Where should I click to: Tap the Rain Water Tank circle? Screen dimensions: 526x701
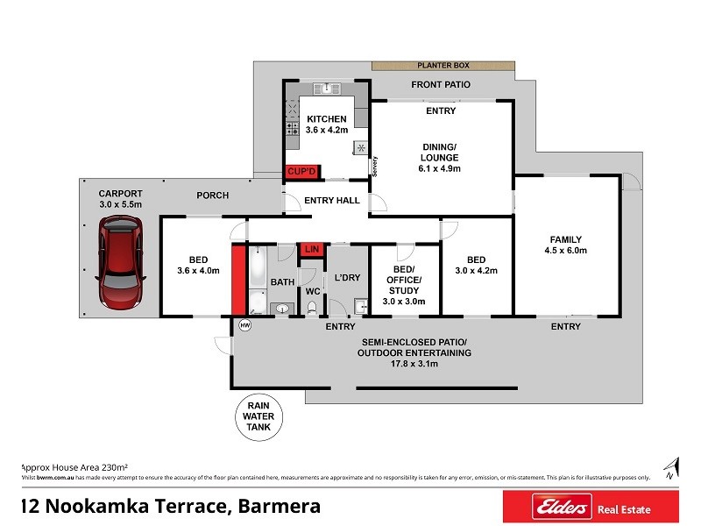click(x=258, y=416)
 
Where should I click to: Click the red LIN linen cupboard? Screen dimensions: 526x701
click(x=311, y=250)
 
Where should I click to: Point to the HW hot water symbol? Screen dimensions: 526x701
click(x=244, y=326)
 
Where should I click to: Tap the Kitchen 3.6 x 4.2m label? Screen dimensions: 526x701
click(x=326, y=124)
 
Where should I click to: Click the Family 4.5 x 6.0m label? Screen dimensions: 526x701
click(x=565, y=245)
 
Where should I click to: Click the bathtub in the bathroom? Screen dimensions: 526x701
click(x=258, y=281)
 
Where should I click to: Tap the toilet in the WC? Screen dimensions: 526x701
click(x=312, y=306)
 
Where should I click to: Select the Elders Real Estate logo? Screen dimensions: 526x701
click(x=589, y=507)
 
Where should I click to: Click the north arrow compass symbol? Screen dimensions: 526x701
click(x=671, y=467)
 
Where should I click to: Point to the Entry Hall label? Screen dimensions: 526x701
click(x=332, y=201)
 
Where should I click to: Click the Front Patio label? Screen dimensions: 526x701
click(x=441, y=85)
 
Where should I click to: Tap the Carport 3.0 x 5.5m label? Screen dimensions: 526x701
click(x=120, y=199)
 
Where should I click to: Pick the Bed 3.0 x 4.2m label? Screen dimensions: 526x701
click(x=476, y=266)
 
